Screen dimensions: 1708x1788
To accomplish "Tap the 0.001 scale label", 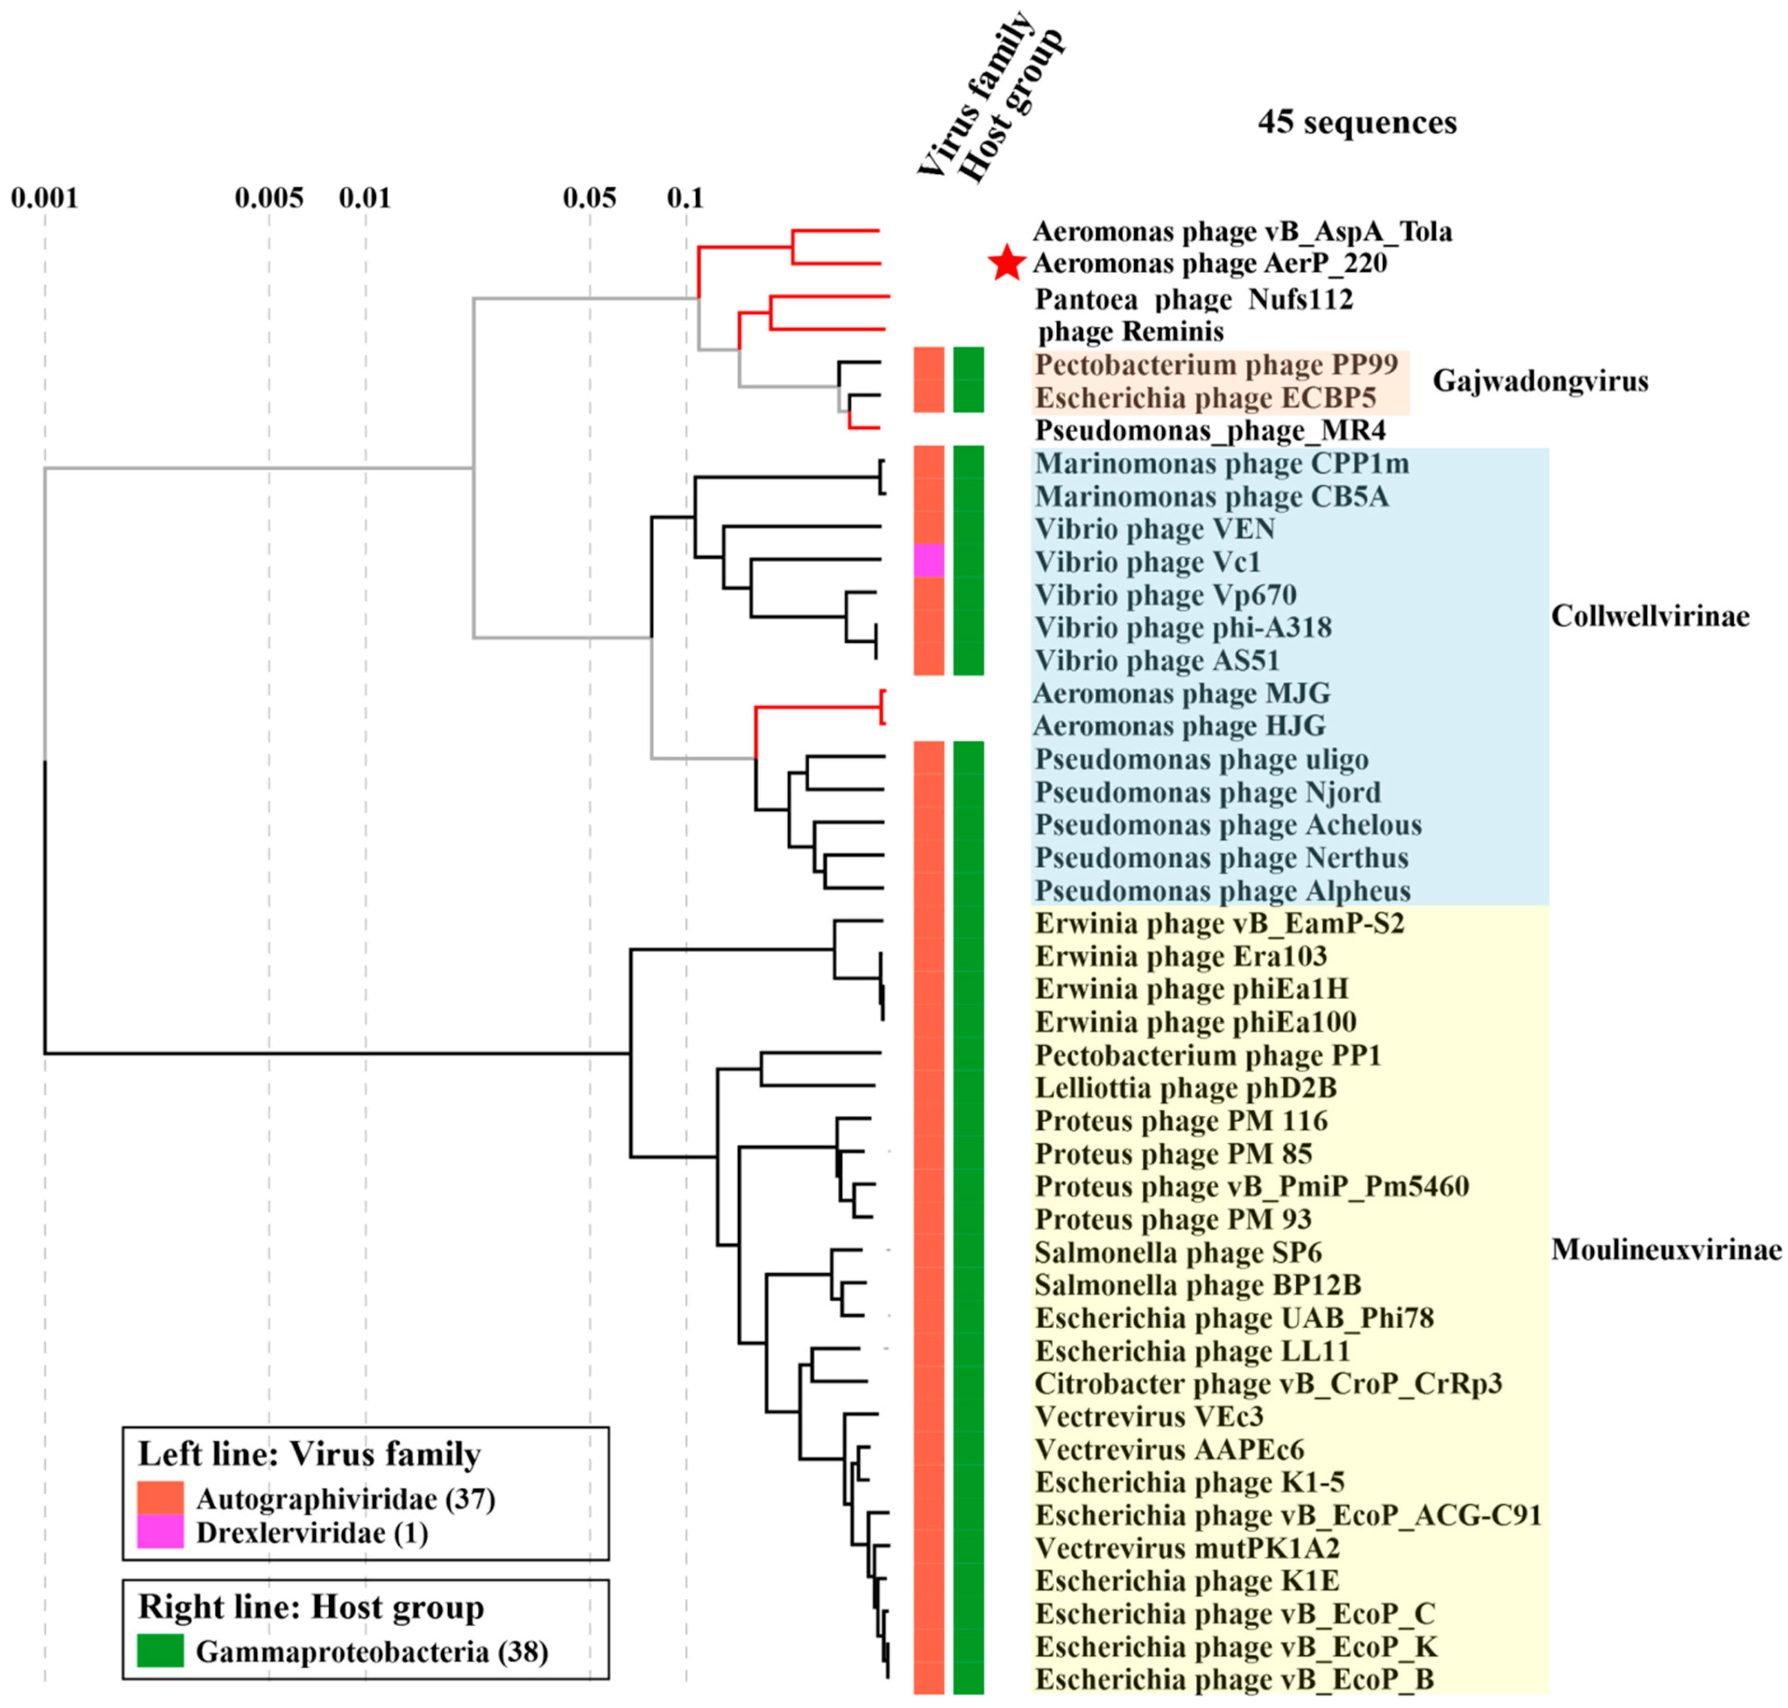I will tap(45, 198).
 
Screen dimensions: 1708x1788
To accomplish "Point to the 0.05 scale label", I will tap(589, 198).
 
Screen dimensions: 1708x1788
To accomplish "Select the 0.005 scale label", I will tap(269, 198).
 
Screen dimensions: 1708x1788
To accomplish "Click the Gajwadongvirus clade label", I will tap(1540, 381).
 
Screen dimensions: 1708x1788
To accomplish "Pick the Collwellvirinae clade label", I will tap(1650, 617).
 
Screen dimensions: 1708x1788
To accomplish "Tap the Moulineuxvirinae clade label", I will tap(1665, 1249).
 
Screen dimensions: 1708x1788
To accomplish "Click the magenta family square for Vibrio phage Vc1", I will tap(929, 561).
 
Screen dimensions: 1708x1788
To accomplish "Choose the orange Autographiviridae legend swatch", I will tap(160, 1498).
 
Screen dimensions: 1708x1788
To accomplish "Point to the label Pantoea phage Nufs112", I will tap(1194, 299).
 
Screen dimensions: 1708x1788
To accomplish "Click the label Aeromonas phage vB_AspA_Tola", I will tap(1242, 232).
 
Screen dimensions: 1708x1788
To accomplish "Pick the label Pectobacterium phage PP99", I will tap(1216, 365).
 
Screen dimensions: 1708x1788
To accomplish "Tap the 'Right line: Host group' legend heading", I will tap(311, 1607).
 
